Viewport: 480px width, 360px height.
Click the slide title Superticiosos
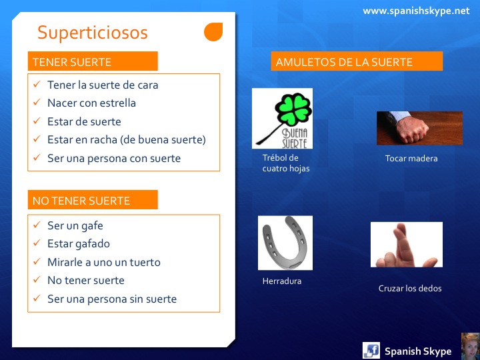pos(92,33)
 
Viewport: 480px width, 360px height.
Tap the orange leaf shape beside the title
pos(213,32)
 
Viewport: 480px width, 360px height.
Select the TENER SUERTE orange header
pos(93,62)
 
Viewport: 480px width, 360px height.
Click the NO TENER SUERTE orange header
pos(93,200)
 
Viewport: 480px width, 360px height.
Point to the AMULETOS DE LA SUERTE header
pos(357,62)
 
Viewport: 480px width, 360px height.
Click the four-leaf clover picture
pos(282,118)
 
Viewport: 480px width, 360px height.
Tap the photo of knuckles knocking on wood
pos(419,128)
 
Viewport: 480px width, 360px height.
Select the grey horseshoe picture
pos(285,243)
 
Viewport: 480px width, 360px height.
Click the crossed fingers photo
pos(407,245)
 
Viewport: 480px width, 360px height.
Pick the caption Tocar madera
pos(411,159)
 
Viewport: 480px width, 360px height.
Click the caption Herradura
pos(282,281)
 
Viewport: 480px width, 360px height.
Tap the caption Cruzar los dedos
pos(410,289)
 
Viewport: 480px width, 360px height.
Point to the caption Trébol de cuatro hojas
pos(285,163)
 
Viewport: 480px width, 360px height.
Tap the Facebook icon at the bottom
pos(371,350)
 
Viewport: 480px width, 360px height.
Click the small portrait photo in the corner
pos(470,346)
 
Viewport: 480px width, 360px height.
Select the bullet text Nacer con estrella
pos(91,103)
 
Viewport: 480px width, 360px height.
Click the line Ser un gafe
pos(75,225)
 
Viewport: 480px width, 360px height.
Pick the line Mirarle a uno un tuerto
pos(104,262)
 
